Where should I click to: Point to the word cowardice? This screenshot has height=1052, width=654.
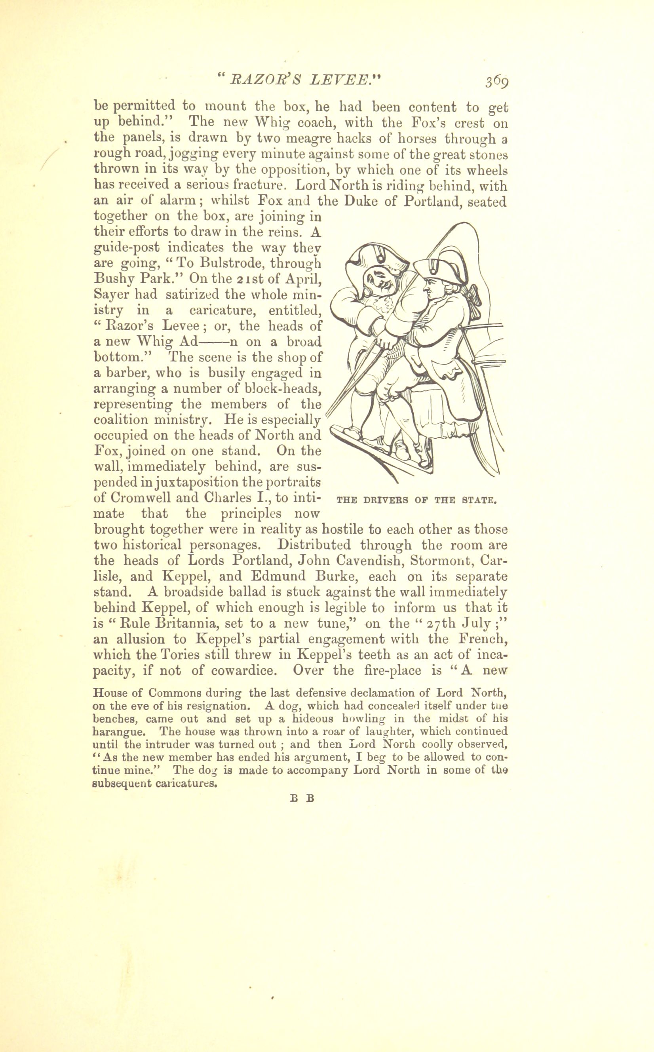pos(243,671)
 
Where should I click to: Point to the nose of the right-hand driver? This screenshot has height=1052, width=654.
pos(426,286)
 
